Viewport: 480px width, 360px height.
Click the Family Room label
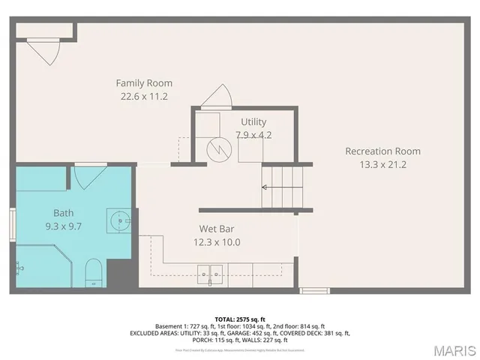(144, 82)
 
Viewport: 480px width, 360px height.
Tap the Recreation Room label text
(382, 151)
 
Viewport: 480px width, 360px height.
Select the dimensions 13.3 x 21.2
(382, 164)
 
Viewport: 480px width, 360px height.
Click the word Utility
(253, 121)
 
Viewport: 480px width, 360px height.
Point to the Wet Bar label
(220, 228)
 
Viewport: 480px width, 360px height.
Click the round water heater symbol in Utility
(219, 148)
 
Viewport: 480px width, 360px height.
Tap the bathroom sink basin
(120, 220)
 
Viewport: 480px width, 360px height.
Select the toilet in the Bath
(94, 272)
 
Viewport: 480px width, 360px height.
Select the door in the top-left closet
(45, 51)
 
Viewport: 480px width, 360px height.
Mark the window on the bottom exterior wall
(314, 290)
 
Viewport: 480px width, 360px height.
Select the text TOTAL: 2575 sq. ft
(240, 319)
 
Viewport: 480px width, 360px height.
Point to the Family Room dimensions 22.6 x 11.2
(144, 96)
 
